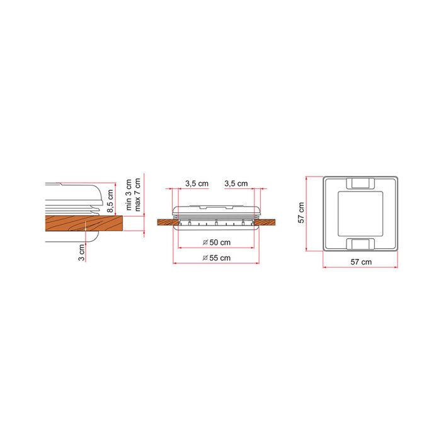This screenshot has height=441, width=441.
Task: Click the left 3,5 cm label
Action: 197,183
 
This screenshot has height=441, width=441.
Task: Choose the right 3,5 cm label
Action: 236,183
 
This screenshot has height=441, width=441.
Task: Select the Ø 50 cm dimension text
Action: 217,242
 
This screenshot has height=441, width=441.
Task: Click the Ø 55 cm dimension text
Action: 217,258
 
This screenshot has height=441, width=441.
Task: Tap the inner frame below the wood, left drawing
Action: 72,238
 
